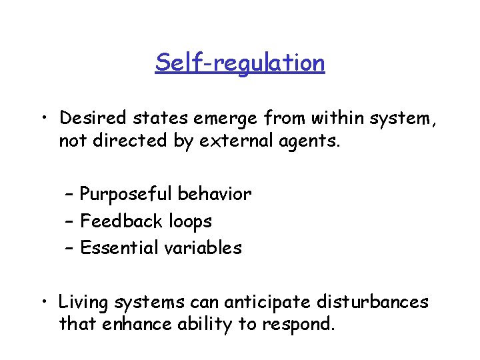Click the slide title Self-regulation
coord(240,63)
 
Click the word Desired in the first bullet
coord(91,119)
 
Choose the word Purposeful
coord(126,195)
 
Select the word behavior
coord(215,195)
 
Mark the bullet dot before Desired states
coord(43,119)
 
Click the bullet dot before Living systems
coord(43,303)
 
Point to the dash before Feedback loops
coord(70,221)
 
